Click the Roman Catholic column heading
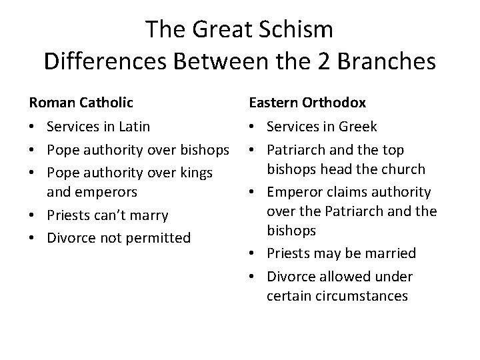click(x=81, y=103)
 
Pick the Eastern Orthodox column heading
click(x=307, y=103)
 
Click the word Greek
click(x=359, y=127)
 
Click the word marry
click(x=150, y=215)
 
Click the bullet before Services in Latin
click(x=33, y=127)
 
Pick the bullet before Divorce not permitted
click(x=33, y=238)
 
